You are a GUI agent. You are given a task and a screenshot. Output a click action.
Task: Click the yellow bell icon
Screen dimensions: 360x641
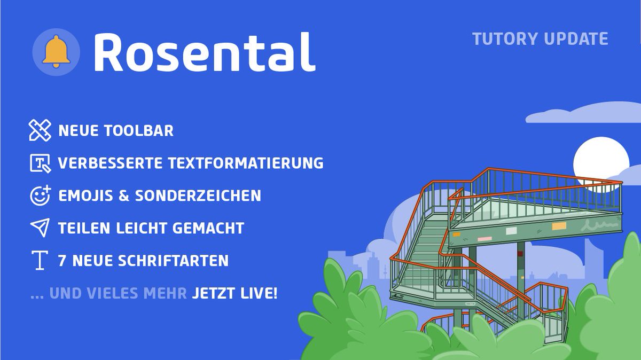point(56,52)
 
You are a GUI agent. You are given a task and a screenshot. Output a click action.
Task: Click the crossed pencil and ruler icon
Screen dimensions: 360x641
point(40,131)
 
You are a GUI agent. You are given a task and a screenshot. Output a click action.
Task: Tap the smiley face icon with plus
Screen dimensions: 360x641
point(40,195)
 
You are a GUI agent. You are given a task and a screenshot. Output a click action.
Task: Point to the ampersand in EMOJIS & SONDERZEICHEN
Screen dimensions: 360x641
point(124,195)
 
